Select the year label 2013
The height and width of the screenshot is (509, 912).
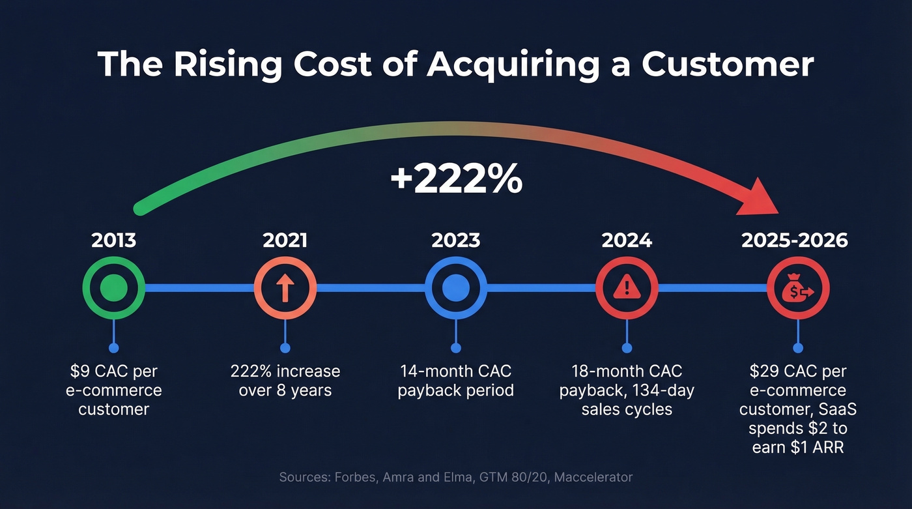click(114, 240)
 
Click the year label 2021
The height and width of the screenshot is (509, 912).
click(285, 240)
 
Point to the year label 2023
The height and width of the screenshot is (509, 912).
click(455, 240)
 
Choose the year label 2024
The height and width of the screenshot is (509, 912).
click(627, 240)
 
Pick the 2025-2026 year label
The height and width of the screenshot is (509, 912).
click(795, 240)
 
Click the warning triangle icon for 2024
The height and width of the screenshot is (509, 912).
click(627, 287)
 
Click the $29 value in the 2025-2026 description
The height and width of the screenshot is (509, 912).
click(763, 371)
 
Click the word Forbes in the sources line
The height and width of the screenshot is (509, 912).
click(356, 477)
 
